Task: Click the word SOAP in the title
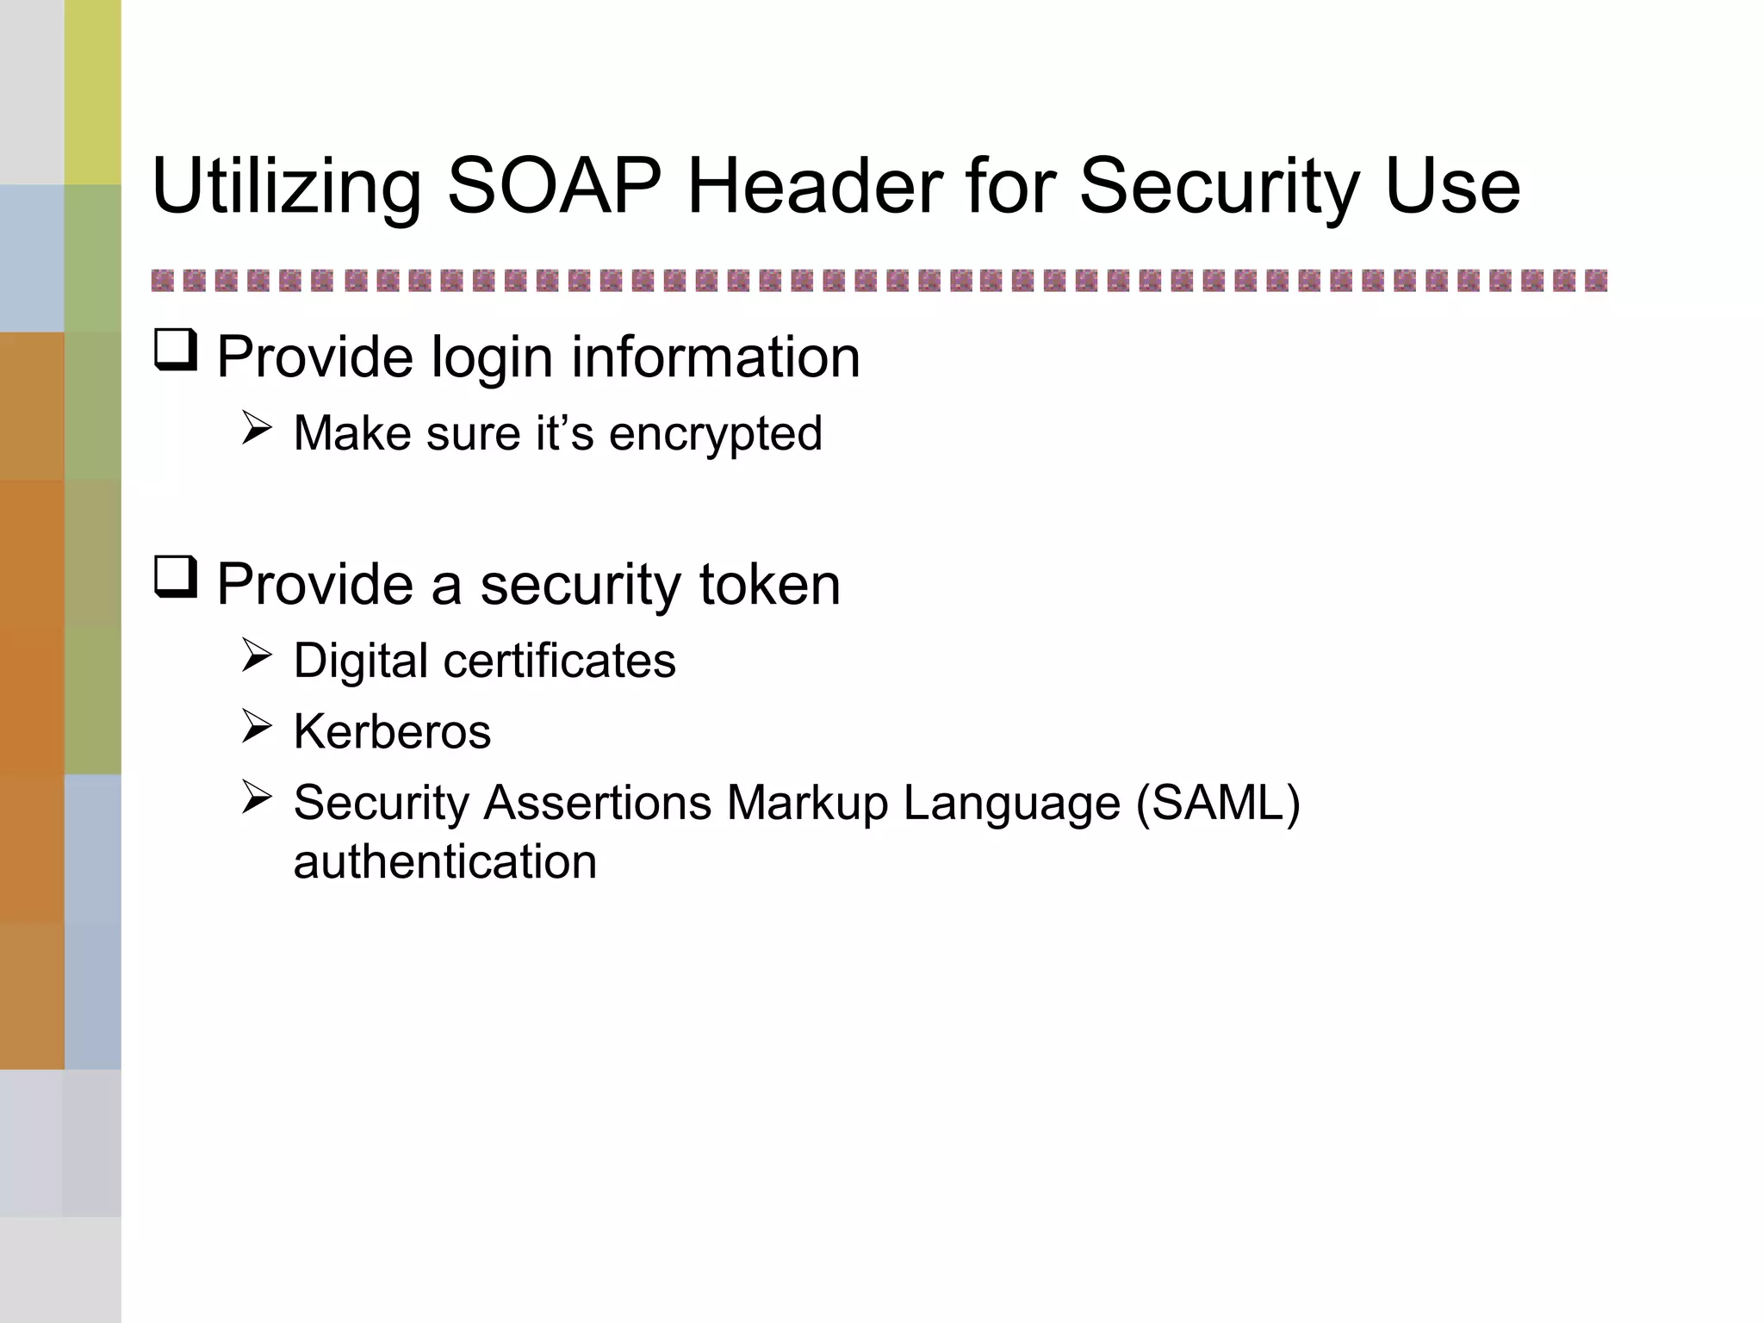pyautogui.click(x=555, y=186)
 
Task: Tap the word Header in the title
pyautogui.click(x=815, y=186)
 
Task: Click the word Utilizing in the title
pyautogui.click(x=287, y=188)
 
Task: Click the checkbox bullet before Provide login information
pyautogui.click(x=176, y=351)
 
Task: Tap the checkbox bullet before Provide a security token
pyautogui.click(x=176, y=577)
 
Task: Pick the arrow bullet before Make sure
pyautogui.click(x=257, y=428)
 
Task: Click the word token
pyautogui.click(x=769, y=585)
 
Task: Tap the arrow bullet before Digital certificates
pyautogui.click(x=257, y=655)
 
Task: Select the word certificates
pyautogui.click(x=559, y=661)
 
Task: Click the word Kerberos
pyautogui.click(x=392, y=732)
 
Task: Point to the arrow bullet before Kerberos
pyautogui.click(x=257, y=726)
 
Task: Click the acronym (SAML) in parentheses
pyautogui.click(x=1217, y=804)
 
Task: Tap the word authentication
pyautogui.click(x=444, y=862)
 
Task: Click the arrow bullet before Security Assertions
pyautogui.click(x=257, y=797)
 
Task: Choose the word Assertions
pyautogui.click(x=598, y=804)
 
